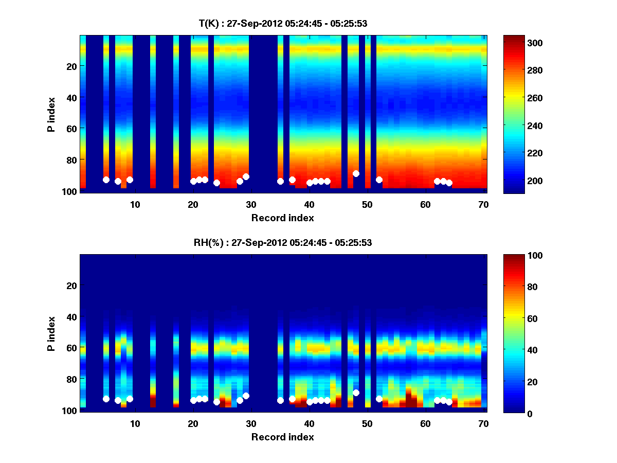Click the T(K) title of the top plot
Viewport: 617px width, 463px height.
pos(283,23)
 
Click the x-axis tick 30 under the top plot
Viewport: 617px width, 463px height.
pos(251,204)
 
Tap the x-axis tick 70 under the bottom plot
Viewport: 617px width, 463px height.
pos(483,423)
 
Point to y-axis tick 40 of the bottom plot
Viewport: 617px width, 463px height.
pos(72,316)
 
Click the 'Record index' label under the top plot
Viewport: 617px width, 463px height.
pos(283,218)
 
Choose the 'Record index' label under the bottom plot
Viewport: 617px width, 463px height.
pos(283,437)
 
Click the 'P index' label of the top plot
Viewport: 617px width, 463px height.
pos(51,114)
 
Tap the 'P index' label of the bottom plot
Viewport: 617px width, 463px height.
pos(51,333)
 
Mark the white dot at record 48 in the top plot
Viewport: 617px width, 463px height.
pos(356,173)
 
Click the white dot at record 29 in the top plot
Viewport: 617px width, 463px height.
pos(246,176)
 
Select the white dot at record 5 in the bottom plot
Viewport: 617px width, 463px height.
pos(106,399)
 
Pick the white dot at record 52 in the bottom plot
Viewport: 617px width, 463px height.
pos(379,399)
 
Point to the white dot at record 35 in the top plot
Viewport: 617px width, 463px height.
pos(280,181)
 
